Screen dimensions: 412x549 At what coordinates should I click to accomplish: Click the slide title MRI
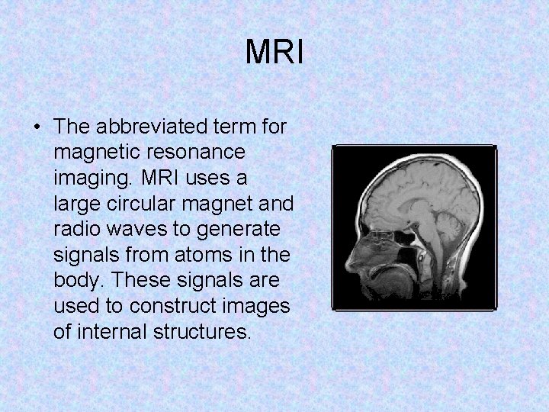click(274, 53)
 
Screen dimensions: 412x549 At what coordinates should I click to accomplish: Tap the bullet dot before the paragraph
click(37, 127)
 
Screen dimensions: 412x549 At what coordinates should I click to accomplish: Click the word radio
click(77, 229)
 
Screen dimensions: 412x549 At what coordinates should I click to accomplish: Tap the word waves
click(137, 229)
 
